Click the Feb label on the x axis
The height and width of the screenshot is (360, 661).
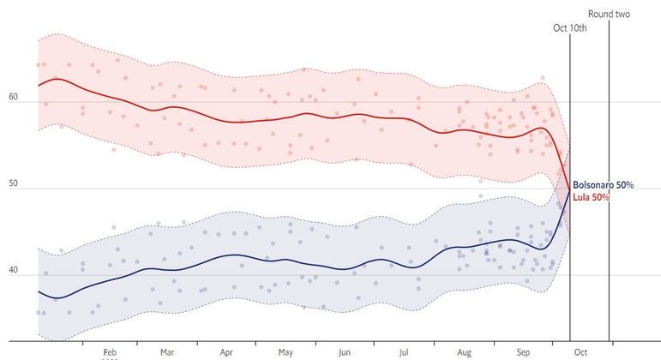pyautogui.click(x=109, y=351)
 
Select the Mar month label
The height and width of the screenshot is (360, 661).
pyautogui.click(x=167, y=351)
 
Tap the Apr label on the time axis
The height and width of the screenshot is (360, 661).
pyautogui.click(x=226, y=351)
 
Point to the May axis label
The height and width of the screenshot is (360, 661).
pyautogui.click(x=285, y=351)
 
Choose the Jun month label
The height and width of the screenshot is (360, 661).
pyautogui.click(x=345, y=351)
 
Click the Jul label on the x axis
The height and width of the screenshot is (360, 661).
pyautogui.click(x=404, y=351)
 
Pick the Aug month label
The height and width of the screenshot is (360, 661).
pyautogui.click(x=464, y=351)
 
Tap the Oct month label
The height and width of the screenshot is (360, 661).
pyautogui.click(x=581, y=351)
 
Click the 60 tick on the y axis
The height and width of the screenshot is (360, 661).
pyautogui.click(x=13, y=97)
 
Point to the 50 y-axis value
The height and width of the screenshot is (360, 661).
pyautogui.click(x=13, y=184)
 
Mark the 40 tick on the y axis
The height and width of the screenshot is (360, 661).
pyautogui.click(x=13, y=271)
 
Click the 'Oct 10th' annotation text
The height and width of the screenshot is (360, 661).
pyautogui.click(x=569, y=28)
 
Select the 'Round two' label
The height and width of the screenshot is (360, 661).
pyautogui.click(x=609, y=13)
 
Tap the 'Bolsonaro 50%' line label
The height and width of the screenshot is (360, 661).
pyautogui.click(x=604, y=185)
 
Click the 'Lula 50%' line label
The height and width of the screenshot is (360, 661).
pyautogui.click(x=592, y=197)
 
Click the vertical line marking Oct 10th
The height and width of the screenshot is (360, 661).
pyautogui.click(x=570, y=257)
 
